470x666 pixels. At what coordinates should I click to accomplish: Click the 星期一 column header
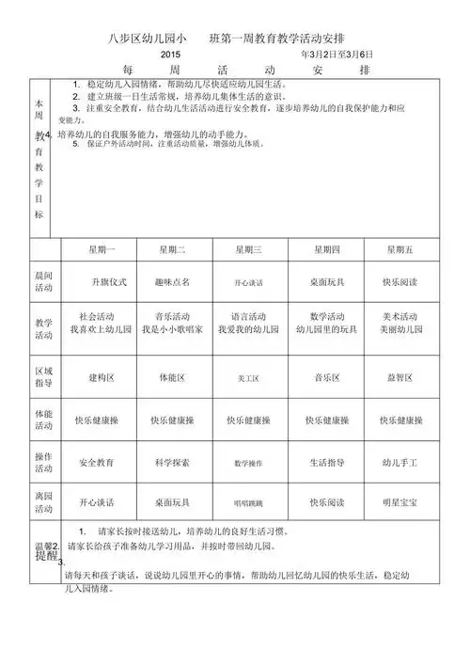point(102,249)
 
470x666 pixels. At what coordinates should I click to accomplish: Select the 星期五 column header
point(400,249)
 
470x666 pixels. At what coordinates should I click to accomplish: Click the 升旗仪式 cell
point(102,281)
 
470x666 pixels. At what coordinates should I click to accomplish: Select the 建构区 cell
point(102,377)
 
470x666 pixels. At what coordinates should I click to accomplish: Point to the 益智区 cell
point(400,377)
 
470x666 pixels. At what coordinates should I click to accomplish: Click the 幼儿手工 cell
point(400,463)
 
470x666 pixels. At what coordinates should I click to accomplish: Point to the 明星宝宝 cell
point(400,502)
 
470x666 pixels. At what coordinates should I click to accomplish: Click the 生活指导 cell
point(326,463)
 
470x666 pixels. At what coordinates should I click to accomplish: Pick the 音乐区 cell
point(326,377)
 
